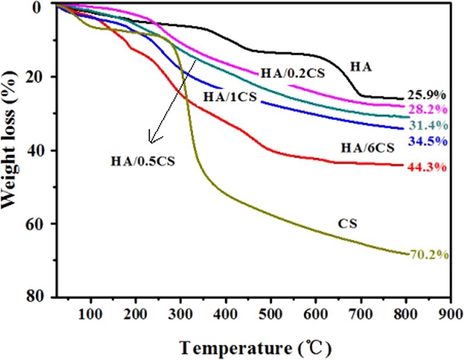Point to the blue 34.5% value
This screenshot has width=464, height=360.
(x=428, y=141)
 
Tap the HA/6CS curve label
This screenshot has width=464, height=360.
(x=367, y=148)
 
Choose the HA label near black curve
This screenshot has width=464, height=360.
(x=361, y=67)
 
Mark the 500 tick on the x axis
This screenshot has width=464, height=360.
(x=271, y=314)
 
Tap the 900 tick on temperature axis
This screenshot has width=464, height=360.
(x=450, y=314)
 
